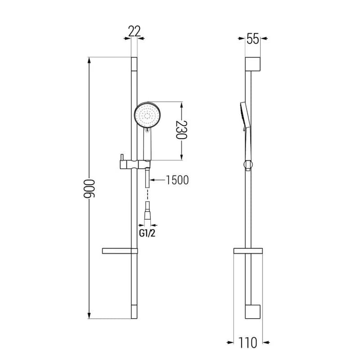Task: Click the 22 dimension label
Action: click(134, 31)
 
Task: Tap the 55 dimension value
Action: click(253, 39)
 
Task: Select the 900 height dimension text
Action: click(89, 189)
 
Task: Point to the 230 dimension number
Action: click(181, 130)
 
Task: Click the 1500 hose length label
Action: click(177, 180)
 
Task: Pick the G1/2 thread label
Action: click(147, 233)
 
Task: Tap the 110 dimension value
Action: click(248, 343)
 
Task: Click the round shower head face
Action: click(147, 114)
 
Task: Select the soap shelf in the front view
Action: click(120, 251)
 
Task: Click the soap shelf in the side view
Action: click(248, 251)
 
